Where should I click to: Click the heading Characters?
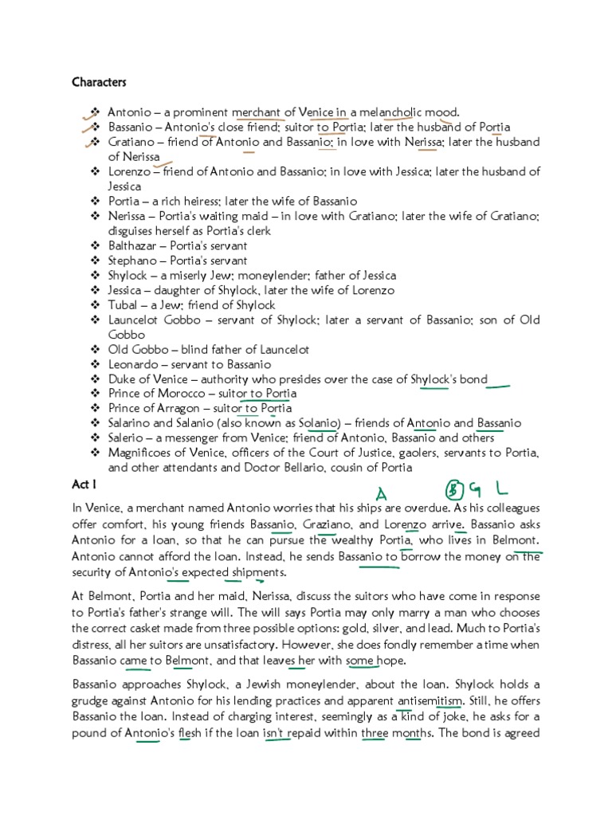tap(99, 82)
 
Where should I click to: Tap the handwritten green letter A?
tap(382, 495)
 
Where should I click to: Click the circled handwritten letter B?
tap(454, 488)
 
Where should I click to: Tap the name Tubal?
tap(124, 305)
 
